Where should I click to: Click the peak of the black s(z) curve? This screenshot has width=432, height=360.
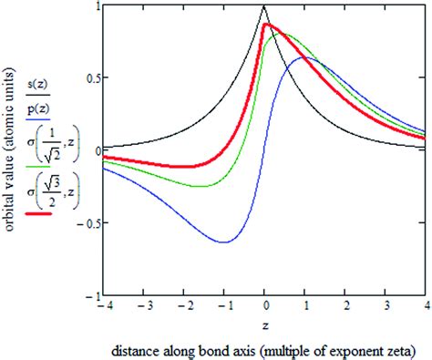(263, 6)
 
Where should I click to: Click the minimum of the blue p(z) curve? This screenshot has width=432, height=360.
(223, 242)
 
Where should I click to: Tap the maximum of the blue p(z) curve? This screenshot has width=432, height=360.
(304, 57)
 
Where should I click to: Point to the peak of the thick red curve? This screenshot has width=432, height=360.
(265, 26)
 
